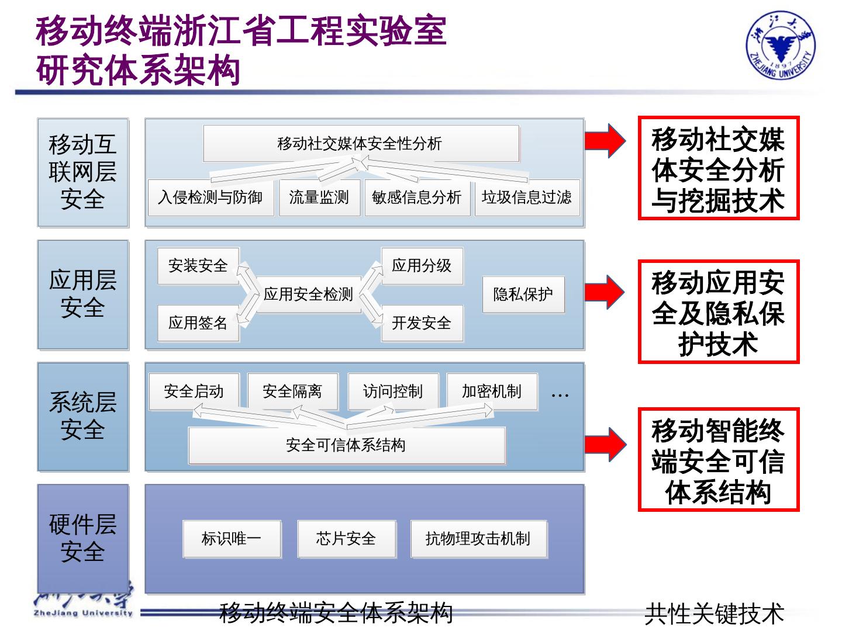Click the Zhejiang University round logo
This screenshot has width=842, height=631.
click(781, 46)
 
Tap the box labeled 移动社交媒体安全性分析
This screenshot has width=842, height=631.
click(361, 143)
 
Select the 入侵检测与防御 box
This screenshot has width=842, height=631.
click(210, 197)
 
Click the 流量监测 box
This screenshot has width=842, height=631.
click(319, 197)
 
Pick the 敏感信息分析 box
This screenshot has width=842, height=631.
click(417, 197)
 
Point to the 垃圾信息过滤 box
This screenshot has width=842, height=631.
click(527, 197)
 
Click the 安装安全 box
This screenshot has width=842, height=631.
click(198, 266)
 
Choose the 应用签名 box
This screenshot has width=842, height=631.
click(198, 323)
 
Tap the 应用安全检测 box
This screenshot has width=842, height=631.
click(308, 294)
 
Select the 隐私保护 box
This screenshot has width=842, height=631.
click(523, 294)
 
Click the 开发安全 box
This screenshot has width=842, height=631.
click(422, 323)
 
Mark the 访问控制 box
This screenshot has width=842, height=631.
click(393, 391)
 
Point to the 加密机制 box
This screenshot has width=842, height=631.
click(492, 391)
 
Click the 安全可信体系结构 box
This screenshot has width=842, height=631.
click(346, 445)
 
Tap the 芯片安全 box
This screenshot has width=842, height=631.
click(346, 538)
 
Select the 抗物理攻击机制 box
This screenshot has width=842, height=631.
click(478, 538)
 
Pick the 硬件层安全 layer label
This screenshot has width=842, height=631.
click(83, 538)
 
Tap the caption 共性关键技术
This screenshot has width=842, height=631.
click(714, 613)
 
